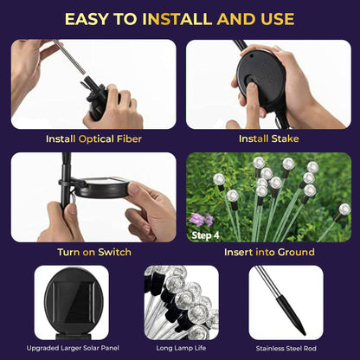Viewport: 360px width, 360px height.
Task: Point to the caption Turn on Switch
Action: pos(94,252)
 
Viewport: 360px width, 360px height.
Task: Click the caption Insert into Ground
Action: pos(269,252)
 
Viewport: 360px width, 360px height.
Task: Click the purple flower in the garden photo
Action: pos(201,219)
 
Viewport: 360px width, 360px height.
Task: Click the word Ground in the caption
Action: pos(294,252)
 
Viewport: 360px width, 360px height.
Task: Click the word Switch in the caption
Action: pos(114,252)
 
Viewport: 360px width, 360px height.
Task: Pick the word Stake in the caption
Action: pos(284,138)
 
